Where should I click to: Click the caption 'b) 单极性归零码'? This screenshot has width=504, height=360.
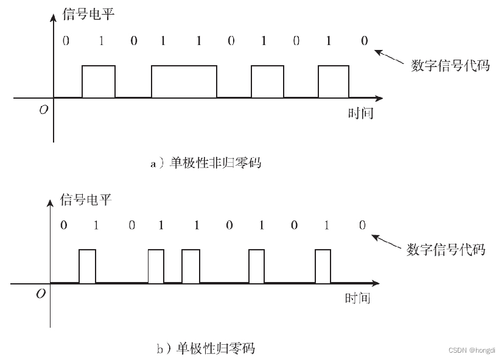click(205, 349)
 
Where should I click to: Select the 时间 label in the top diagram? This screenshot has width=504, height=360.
click(360, 113)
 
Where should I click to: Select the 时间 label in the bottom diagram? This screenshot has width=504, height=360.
click(357, 298)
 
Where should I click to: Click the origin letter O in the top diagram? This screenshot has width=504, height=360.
click(44, 110)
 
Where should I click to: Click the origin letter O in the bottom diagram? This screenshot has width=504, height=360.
click(41, 294)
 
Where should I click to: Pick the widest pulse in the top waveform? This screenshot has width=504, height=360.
click(184, 81)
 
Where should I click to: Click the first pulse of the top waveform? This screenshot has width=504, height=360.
click(99, 81)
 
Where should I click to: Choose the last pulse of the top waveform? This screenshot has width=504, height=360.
click(334, 81)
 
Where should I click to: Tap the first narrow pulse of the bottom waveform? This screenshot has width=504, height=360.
click(88, 266)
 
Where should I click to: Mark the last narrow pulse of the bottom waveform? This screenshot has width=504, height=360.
click(323, 266)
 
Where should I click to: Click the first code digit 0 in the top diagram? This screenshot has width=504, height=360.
click(66, 41)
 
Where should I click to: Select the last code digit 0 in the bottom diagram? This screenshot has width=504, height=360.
click(362, 226)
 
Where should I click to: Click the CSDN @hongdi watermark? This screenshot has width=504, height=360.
click(473, 350)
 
